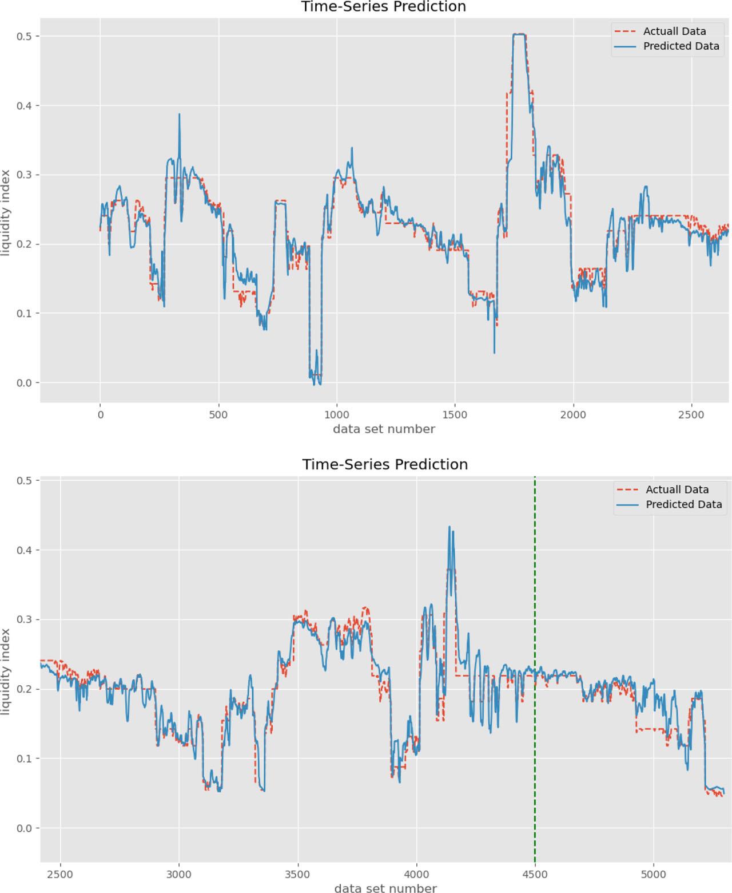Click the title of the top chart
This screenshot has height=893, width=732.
(x=383, y=7)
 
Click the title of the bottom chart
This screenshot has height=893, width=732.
(x=385, y=464)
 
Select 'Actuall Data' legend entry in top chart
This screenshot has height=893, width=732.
(x=674, y=31)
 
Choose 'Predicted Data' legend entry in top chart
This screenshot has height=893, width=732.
(x=681, y=46)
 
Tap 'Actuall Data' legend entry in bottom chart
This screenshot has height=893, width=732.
(x=677, y=489)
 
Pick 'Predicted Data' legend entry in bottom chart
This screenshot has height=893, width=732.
(x=683, y=504)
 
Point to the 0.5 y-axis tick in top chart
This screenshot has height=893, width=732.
(x=25, y=36)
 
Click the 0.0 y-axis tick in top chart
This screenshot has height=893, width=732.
(x=25, y=382)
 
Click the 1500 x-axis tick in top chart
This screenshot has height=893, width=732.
(x=455, y=415)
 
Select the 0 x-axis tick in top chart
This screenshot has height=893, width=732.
(x=100, y=415)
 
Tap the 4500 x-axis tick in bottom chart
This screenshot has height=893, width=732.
(x=535, y=874)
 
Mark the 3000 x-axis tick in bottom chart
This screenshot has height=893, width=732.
(x=179, y=874)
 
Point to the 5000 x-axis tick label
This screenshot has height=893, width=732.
(x=653, y=874)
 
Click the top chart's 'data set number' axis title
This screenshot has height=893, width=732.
(x=384, y=429)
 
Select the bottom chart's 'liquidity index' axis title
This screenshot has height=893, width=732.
(x=6, y=671)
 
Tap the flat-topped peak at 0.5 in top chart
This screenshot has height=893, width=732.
(x=519, y=35)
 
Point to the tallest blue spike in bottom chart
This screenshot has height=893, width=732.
(x=449, y=527)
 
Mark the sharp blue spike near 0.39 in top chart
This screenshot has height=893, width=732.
(x=179, y=115)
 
